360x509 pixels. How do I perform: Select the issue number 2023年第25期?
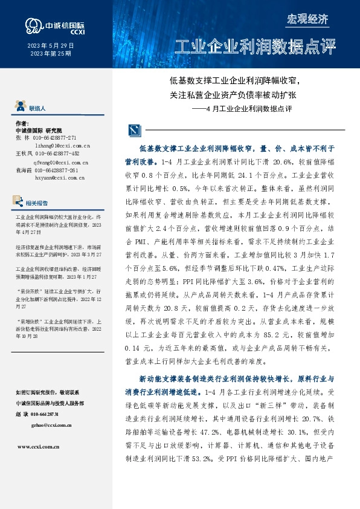(x=51, y=54)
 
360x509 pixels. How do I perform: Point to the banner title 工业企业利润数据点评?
(x=254, y=48)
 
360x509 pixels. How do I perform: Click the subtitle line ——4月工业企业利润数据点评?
(x=242, y=109)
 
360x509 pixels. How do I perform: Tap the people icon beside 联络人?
(x=20, y=108)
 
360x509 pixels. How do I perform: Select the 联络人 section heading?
(x=37, y=108)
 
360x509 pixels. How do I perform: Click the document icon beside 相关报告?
(x=20, y=203)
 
